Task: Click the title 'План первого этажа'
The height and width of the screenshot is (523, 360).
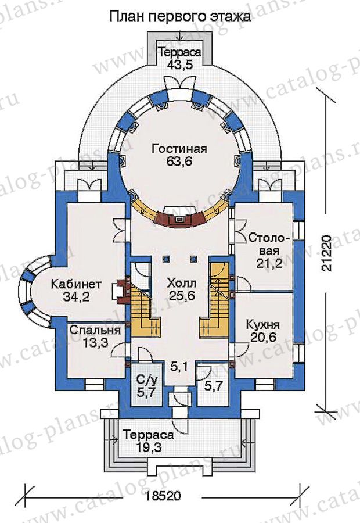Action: click(x=180, y=16)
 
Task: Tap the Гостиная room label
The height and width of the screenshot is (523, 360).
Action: click(x=179, y=148)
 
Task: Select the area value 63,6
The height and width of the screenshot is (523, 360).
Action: click(x=179, y=162)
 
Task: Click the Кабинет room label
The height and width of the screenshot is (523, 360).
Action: click(x=76, y=284)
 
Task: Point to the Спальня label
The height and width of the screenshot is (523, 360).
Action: click(x=95, y=330)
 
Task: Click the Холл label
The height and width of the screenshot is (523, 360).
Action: click(x=182, y=284)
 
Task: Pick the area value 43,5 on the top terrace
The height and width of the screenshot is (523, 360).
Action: click(x=180, y=65)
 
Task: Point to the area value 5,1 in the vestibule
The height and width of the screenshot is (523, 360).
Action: click(x=180, y=368)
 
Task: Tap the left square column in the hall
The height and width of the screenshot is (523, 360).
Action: click(x=165, y=259)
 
